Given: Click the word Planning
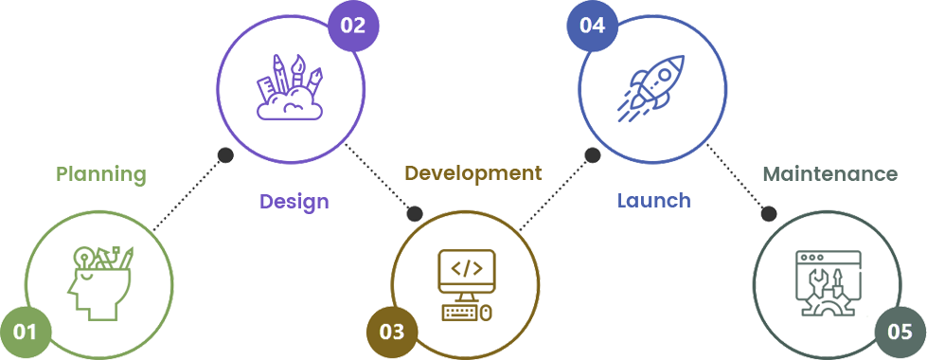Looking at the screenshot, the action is pos(101,175).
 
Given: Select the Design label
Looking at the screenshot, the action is pos(294,202).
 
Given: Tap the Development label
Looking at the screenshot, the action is pos(472,173).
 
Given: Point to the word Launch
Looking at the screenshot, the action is pos(654,201).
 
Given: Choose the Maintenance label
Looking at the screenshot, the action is pos(830,174).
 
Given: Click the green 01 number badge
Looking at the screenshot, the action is pos(26,333).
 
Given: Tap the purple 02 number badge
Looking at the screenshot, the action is pos(353,27).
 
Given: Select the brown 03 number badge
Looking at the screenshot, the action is pos(392,333).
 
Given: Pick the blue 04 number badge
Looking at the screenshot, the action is pos(593,27).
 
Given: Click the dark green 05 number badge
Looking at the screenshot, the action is pos(900,333).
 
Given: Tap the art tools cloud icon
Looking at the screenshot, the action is pos(290,87).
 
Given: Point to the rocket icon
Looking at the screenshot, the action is pos(651,89).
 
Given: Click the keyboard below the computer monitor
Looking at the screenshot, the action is pos(461,313).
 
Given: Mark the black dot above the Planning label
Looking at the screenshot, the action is pos(225,155).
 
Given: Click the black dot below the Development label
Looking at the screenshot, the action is pos(415,213).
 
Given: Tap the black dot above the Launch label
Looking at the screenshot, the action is pos(593,155).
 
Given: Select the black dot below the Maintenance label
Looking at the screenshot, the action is pos(769,213).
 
